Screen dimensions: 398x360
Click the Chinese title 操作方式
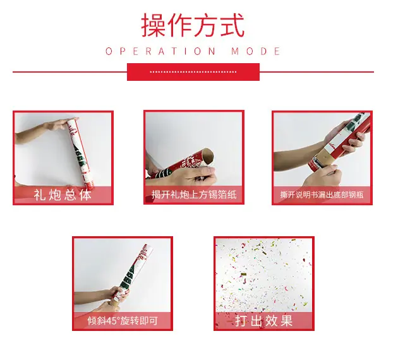(193, 25)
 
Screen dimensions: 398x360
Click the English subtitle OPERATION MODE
(193, 51)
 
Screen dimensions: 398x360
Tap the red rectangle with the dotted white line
(193, 72)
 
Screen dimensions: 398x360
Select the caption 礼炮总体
(63, 195)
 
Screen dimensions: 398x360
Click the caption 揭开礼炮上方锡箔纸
(194, 195)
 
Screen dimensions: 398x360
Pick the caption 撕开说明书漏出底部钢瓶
(322, 195)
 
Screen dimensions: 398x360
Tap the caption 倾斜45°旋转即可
(123, 321)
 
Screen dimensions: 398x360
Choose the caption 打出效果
(264, 321)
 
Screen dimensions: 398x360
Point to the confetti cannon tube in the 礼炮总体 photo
(80, 154)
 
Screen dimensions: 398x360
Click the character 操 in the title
(154, 25)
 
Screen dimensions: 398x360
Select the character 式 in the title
(232, 25)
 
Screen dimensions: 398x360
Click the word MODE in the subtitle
(256, 51)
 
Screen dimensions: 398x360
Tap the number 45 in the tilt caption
(111, 321)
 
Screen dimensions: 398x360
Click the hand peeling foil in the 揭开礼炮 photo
(200, 175)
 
